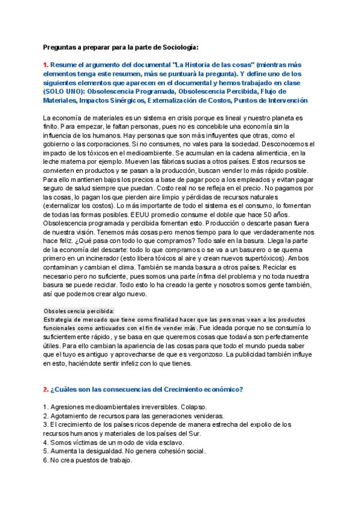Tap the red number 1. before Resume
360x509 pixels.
click(46, 65)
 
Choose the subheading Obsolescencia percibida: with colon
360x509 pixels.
click(79, 311)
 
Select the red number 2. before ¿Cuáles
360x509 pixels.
click(46, 390)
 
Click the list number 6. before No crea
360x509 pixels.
click(46, 461)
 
